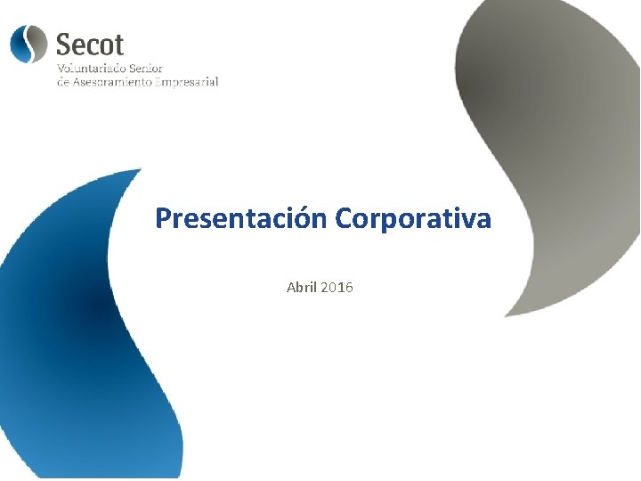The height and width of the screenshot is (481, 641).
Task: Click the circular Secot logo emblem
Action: coord(28,43)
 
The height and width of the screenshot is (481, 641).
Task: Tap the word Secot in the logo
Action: coord(90,44)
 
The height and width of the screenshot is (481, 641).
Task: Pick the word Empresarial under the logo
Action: coord(187,82)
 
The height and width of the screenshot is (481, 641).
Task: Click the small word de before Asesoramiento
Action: coord(62,82)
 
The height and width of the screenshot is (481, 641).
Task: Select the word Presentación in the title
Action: coord(242,218)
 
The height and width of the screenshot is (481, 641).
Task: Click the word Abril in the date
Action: coord(301,288)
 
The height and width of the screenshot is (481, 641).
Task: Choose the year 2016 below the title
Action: coord(337,288)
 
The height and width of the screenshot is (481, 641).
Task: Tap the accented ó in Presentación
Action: coord(303,218)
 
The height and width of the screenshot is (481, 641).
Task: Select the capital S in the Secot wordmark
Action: coord(64,44)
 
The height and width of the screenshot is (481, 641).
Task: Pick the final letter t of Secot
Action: coord(118,44)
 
